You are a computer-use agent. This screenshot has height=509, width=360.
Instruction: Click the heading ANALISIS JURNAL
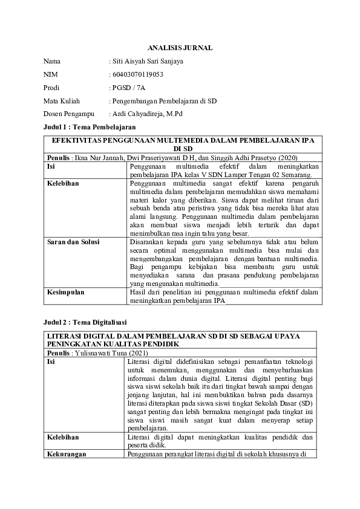tap(180, 48)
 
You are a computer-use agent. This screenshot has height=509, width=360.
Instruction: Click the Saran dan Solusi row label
tap(73, 242)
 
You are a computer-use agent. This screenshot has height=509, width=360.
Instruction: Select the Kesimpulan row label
tap(66, 292)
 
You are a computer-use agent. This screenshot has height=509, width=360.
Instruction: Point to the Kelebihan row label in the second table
tap(64, 436)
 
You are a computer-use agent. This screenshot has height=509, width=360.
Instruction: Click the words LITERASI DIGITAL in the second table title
tap(76, 336)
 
